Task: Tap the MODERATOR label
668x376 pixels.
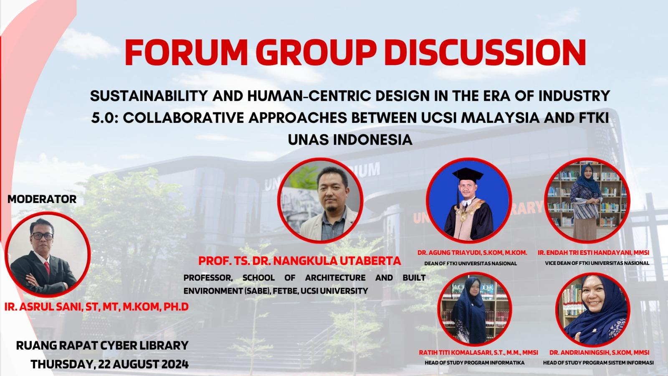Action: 42,199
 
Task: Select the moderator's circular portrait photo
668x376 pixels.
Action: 48,254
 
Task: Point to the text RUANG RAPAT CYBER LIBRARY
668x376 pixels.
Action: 102,346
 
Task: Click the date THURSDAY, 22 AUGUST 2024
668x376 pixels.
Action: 110,364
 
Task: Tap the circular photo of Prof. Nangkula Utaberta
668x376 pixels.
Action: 321,201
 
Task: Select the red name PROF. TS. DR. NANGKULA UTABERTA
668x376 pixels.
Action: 299,261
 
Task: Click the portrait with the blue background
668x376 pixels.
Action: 469,201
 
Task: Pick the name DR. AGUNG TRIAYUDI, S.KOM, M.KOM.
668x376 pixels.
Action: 472,253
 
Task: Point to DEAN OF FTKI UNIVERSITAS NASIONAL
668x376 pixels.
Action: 471,264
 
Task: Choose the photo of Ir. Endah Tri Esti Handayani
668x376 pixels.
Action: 587,201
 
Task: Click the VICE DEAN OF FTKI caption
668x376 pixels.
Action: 597,264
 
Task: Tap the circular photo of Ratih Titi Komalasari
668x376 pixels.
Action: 475,310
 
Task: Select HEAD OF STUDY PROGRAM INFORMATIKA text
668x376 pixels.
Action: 475,363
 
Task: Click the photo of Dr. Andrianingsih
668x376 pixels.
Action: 593,310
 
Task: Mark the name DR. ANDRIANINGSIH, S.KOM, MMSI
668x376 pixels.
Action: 600,353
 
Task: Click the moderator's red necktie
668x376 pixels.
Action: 47,268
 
